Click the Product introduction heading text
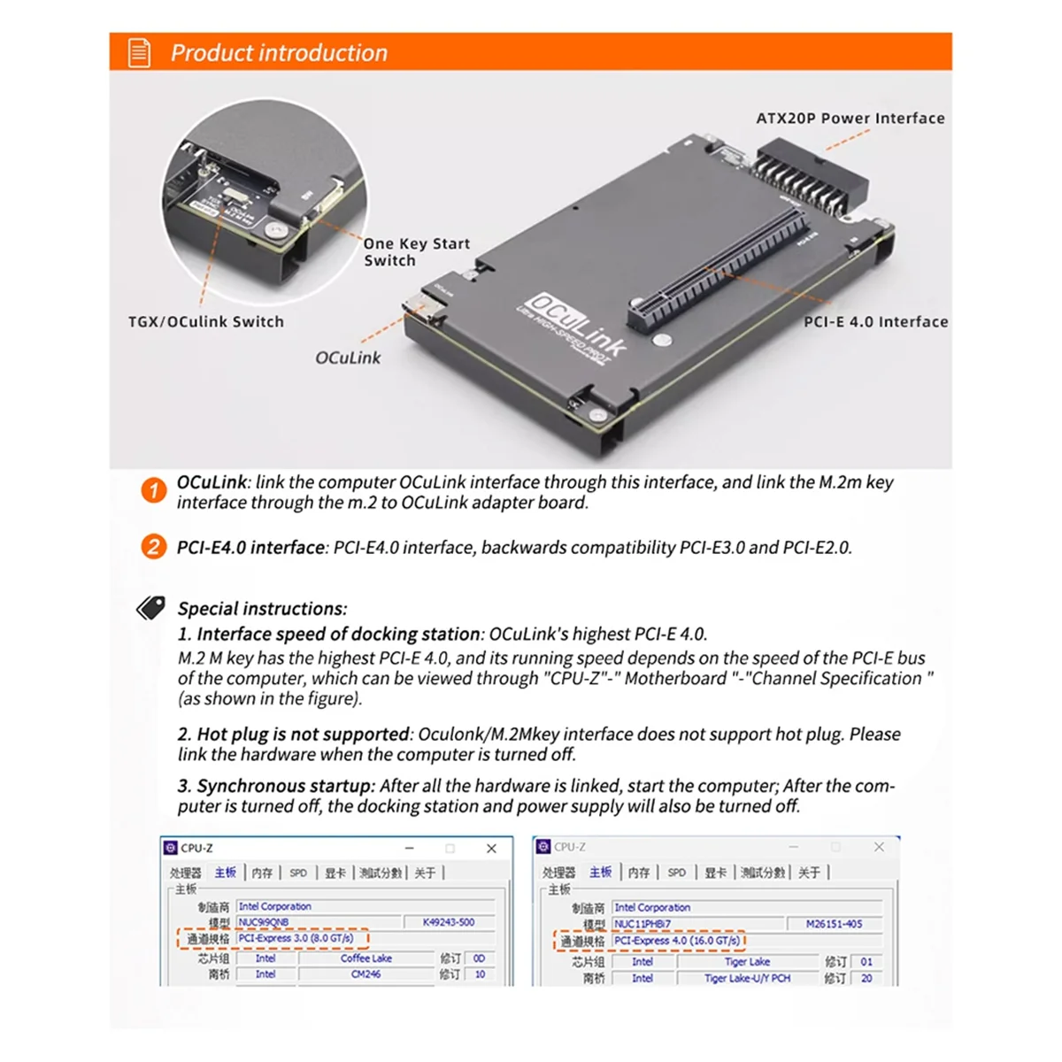click(279, 53)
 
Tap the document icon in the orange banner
click(140, 53)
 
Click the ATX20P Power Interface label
click(850, 119)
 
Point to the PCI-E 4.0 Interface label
click(875, 322)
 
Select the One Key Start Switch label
click(416, 252)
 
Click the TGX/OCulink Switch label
click(206, 322)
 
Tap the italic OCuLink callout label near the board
click(348, 358)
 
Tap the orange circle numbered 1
click(154, 490)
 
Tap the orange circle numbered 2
click(154, 547)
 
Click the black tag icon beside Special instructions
click(151, 608)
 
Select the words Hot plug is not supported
click(303, 735)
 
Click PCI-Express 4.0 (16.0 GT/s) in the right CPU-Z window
click(677, 941)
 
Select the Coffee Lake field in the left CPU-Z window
click(366, 958)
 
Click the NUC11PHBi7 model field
click(643, 924)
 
